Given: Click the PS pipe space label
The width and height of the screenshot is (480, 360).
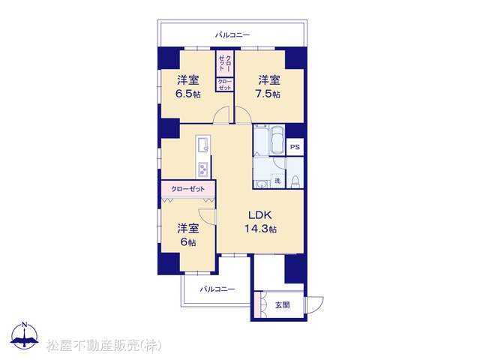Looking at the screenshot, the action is coord(295,147).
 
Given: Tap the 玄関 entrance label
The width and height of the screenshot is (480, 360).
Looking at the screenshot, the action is coord(282,305).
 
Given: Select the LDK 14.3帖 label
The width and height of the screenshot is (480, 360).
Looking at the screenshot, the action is coord(260,222).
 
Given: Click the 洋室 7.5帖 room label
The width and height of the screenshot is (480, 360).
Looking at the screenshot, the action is coord(268,87).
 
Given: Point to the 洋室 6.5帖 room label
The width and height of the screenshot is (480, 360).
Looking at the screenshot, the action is coord(188,87).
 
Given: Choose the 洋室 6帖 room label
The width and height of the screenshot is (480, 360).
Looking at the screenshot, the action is coord(188,235).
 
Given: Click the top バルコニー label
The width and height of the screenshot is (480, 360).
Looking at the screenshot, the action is coord(232,35).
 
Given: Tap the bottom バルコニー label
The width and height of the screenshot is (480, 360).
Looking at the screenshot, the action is coord(217,289).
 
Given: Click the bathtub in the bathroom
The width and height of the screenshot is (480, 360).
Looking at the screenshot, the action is coord(277,139).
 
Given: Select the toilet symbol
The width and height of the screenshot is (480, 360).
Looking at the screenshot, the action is coord(295,181).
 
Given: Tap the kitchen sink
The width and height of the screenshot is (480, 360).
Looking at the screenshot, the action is coord(202,145).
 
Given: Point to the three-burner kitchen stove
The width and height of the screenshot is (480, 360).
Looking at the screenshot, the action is coord(203,169).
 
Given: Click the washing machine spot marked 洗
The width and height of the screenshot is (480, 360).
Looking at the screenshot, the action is coord(277,181).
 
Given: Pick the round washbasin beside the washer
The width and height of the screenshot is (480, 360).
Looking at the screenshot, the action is coord(261,184).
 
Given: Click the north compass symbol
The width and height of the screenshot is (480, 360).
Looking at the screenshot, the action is coord(25,335).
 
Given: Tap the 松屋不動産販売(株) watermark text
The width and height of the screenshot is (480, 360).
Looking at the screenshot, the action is coord(103,346).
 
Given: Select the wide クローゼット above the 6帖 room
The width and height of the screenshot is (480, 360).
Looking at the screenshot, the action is coord(188,189).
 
